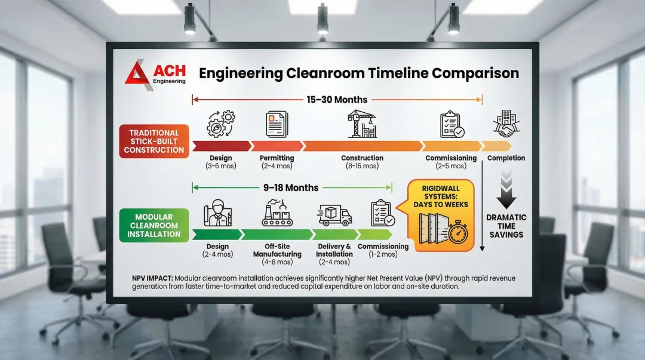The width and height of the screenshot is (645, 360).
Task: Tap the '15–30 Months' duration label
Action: tap(337, 100)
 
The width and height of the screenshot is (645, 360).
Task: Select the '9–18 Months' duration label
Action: tap(291, 187)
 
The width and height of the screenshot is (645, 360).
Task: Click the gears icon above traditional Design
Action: tap(220, 124)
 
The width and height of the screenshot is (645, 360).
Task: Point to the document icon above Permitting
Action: tap(277, 124)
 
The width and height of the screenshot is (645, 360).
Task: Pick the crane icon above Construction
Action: tap(362, 124)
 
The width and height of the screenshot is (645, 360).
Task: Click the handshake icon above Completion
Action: tap(506, 124)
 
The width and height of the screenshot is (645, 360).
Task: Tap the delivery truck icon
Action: tap(334, 215)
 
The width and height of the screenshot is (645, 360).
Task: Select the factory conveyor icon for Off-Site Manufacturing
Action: tap(277, 213)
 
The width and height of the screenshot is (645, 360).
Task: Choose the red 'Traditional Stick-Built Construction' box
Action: tap(154, 141)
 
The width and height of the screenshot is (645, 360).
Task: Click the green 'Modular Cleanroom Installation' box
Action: tap(154, 225)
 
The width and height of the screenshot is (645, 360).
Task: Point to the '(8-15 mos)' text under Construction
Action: tap(362, 166)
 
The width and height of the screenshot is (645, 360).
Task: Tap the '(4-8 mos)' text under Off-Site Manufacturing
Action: tap(277, 262)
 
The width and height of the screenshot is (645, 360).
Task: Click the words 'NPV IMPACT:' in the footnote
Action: tap(152, 278)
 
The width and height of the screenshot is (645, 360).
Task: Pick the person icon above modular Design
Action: tap(217, 213)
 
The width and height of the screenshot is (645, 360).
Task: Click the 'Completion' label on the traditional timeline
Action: tap(506, 158)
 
